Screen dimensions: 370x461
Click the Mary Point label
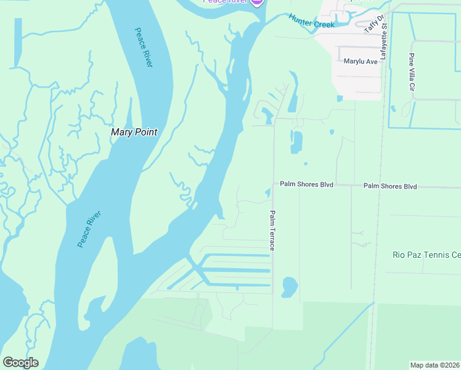pyautogui.click(x=134, y=132)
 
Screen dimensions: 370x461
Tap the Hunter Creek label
pyautogui.click(x=311, y=20)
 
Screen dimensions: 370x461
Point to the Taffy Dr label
pyautogui.click(x=374, y=23)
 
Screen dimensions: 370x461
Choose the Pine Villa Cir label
pyautogui.click(x=411, y=72)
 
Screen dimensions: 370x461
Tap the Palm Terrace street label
pyautogui.click(x=271, y=230)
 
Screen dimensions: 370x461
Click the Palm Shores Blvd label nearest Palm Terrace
pyautogui.click(x=306, y=184)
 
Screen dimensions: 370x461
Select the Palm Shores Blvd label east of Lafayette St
pyautogui.click(x=390, y=186)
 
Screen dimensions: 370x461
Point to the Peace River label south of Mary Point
pyautogui.click(x=89, y=229)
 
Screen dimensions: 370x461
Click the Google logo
pyautogui.click(x=20, y=363)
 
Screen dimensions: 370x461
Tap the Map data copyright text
pyautogui.click(x=435, y=365)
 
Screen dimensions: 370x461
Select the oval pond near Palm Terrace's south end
pyautogui.click(x=288, y=287)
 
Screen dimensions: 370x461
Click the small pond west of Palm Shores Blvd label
pyautogui.click(x=267, y=193)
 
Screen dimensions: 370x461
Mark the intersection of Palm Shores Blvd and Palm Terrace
pyautogui.click(x=273, y=184)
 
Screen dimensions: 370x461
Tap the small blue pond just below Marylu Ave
pyautogui.click(x=340, y=98)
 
